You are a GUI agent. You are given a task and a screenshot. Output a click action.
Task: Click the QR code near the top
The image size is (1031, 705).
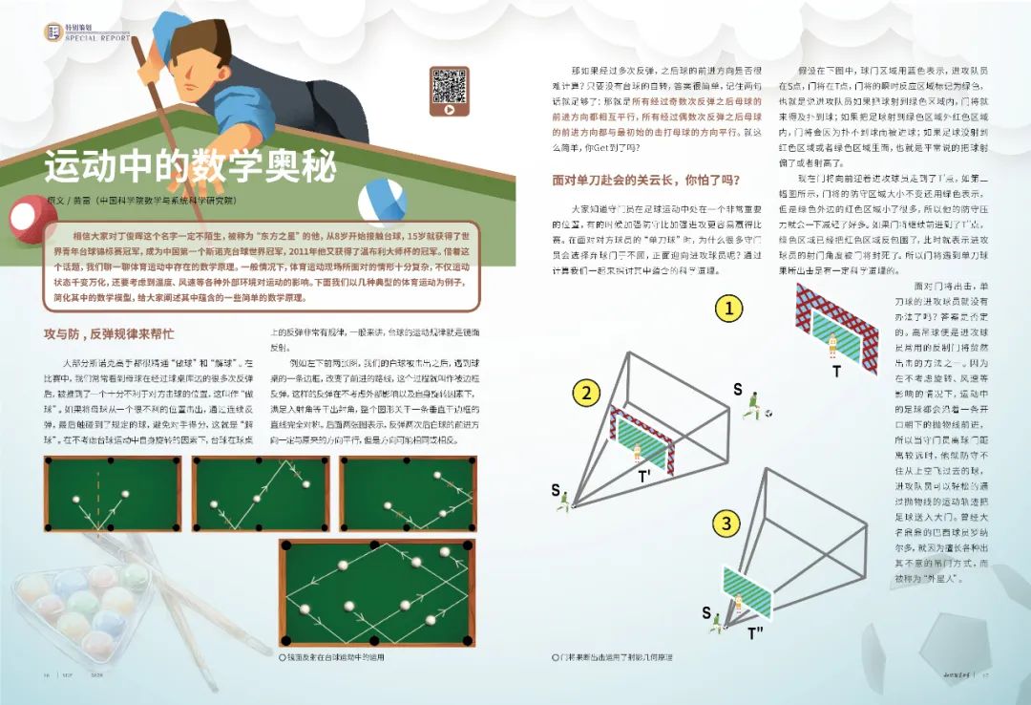(448, 85)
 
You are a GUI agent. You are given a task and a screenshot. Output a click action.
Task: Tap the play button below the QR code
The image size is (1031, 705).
(448, 110)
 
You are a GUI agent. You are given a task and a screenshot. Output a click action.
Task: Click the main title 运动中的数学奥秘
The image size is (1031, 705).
(190, 166)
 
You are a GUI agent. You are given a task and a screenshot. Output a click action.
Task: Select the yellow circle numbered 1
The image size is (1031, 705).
(729, 309)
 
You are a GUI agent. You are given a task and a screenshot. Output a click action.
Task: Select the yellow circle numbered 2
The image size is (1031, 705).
(587, 393)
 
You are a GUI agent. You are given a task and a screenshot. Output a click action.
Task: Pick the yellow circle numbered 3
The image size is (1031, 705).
(726, 523)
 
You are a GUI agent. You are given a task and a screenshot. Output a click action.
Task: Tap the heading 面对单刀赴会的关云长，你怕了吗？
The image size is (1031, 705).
(646, 179)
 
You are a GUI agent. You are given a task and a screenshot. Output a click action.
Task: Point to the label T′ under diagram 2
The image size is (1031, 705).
(644, 473)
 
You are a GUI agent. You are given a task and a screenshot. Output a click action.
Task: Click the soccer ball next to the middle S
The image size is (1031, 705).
(769, 414)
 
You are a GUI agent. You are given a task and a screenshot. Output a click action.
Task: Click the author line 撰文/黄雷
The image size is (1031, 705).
(138, 201)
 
